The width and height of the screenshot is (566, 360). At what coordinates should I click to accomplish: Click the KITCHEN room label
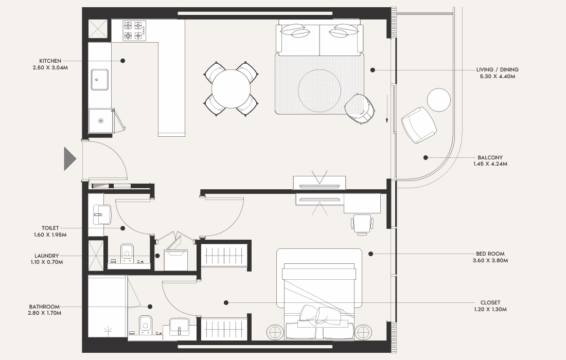50,61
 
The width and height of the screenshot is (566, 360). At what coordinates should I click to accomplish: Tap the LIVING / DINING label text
497,69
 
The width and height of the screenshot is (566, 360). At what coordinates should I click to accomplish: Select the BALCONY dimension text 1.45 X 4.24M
490,164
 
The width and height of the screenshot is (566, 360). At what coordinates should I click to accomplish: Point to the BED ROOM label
490,254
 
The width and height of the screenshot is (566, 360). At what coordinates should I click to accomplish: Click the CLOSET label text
490,302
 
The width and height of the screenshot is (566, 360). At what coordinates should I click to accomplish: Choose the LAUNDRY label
46,256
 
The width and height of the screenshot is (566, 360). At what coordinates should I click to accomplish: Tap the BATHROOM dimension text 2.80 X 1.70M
44,313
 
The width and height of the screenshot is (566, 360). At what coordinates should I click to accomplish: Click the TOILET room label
50,228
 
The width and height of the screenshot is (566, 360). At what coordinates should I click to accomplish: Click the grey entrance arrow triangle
70,159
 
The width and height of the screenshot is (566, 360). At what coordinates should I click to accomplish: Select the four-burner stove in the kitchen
134,31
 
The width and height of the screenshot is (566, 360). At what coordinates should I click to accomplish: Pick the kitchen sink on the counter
99,79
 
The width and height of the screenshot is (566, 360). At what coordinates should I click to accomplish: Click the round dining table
231,89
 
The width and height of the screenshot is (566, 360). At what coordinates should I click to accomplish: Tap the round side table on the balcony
438,100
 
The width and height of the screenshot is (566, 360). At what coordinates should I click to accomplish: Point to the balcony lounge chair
419,125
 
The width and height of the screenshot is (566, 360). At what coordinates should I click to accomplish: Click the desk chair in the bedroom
362,224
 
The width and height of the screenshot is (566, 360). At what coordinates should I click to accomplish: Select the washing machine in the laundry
176,259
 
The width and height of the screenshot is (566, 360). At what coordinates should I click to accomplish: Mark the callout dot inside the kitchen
123,61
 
